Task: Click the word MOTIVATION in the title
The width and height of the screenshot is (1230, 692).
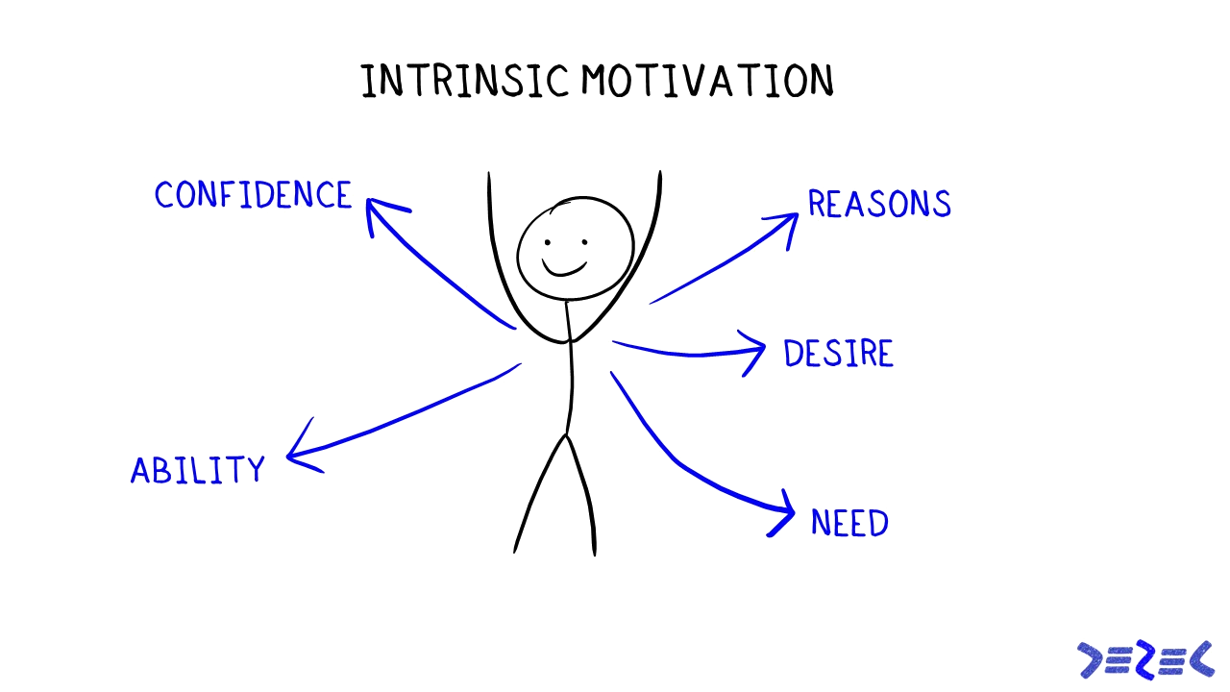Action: (x=707, y=81)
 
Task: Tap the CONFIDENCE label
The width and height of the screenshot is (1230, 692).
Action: (x=253, y=195)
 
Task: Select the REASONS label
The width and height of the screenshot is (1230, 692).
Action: (x=879, y=204)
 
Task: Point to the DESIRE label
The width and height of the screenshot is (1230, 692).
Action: (x=839, y=354)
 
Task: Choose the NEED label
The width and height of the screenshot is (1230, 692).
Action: (x=850, y=523)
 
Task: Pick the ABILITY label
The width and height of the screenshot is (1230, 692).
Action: (x=197, y=470)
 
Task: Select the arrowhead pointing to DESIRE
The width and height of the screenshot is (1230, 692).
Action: (x=755, y=351)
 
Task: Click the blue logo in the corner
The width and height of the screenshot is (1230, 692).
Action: (x=1145, y=659)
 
